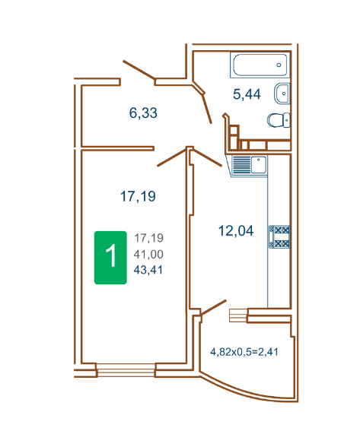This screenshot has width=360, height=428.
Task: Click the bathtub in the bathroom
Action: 260,65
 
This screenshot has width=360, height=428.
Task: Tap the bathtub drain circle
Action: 279,65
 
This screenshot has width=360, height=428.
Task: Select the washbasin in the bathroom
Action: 282,94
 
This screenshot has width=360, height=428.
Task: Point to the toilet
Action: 279,120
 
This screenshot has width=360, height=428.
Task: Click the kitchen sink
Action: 258,165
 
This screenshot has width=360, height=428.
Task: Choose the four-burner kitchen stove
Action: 279,236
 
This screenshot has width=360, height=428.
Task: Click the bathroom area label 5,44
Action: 247,94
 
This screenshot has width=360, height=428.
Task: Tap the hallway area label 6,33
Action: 143,113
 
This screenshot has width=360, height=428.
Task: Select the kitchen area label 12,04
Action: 236,230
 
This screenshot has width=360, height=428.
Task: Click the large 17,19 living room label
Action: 138,196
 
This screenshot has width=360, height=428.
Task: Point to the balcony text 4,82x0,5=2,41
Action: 244,352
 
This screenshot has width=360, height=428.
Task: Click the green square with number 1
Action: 110,258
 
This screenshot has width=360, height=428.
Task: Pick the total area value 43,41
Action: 148,270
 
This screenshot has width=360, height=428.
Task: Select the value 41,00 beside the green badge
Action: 148,254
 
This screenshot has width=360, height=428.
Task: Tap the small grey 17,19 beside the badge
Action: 148,238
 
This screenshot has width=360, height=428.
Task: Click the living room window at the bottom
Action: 126,370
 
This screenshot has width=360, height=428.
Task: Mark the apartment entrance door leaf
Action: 139,70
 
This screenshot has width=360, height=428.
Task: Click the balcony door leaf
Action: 213,308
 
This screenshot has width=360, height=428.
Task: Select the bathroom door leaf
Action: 207,109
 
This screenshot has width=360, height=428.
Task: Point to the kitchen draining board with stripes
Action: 241,165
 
